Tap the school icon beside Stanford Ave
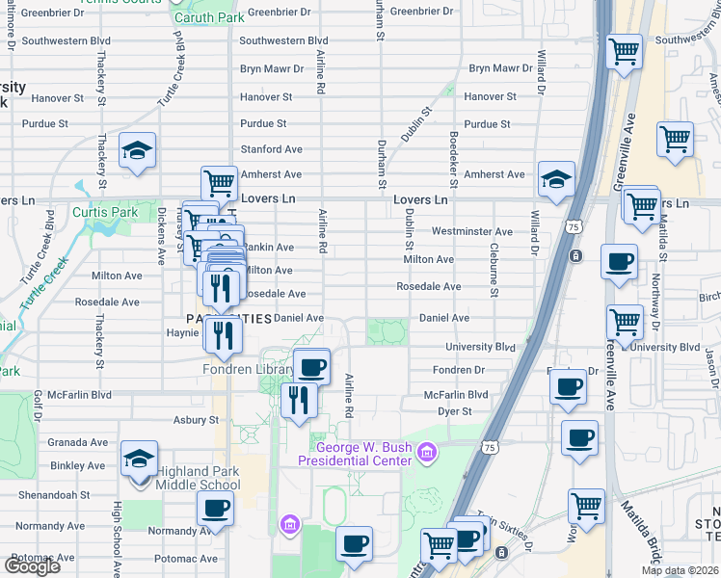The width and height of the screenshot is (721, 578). pos(138,151)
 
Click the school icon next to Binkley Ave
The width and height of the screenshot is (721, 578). pos(139,460)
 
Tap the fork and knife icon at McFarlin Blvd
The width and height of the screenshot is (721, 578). pos(299,400)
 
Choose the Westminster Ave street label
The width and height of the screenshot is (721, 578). pos(471,232)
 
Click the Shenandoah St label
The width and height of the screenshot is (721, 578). pos(51,494)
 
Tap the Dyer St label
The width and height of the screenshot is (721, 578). pos(454,411)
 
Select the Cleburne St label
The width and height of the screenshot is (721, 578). pos(494,271)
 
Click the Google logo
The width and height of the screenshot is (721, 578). pos(32,566)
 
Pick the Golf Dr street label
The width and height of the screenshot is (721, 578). pos(39,406)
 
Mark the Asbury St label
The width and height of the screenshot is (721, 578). pos(196,421)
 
